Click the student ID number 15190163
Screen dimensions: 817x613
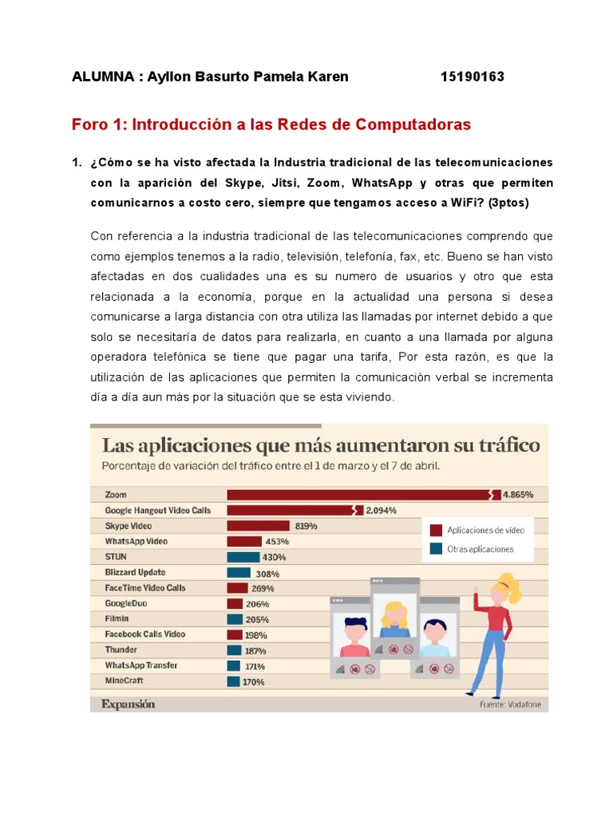click(x=472, y=77)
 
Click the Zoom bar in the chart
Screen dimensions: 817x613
click(x=359, y=495)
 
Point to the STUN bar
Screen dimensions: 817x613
click(x=243, y=557)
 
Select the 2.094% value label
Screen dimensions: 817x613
click(x=381, y=511)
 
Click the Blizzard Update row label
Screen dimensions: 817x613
click(x=135, y=572)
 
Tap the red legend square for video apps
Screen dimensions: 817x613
click(x=436, y=530)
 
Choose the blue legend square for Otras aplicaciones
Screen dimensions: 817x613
click(x=436, y=549)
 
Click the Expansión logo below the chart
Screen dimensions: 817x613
click(x=128, y=704)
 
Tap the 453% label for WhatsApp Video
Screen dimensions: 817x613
click(x=277, y=542)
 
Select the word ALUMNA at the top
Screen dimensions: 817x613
click(x=101, y=77)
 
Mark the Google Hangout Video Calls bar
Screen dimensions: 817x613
click(x=291, y=511)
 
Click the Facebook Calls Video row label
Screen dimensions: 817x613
click(x=144, y=634)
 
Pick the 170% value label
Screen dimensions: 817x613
click(x=254, y=682)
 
